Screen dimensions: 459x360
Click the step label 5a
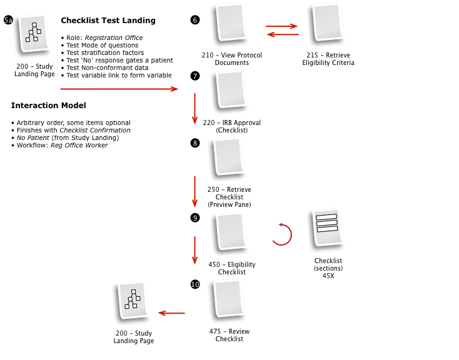[8, 21]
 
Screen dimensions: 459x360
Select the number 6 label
[194, 21]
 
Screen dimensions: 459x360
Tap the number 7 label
[194, 77]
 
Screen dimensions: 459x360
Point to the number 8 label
[194, 144]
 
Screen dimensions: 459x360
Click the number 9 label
[194, 219]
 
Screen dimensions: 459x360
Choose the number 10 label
[195, 285]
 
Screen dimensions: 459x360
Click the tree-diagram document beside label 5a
[34, 32]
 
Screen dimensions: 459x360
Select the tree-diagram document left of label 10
[133, 299]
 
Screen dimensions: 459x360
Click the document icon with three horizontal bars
[327, 226]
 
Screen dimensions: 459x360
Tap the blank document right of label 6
[231, 22]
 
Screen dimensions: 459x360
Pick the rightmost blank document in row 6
[327, 22]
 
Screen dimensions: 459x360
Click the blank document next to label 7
[231, 89]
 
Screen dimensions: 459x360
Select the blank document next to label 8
[229, 156]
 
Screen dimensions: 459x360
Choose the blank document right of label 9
[231, 231]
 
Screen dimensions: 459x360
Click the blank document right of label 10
[229, 297]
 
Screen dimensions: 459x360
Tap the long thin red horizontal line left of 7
[113, 89]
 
